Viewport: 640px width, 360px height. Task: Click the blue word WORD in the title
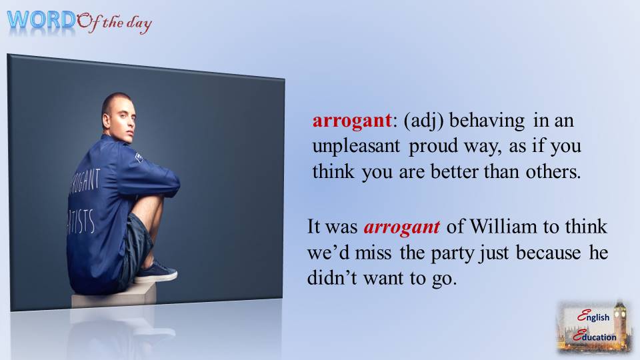click(41, 19)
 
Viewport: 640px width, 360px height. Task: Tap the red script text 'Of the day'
click(115, 25)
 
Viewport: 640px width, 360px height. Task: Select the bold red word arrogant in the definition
click(351, 123)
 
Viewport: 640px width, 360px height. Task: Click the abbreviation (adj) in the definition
click(423, 123)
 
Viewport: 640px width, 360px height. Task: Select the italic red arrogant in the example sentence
click(401, 227)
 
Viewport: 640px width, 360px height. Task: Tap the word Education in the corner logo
click(597, 337)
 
